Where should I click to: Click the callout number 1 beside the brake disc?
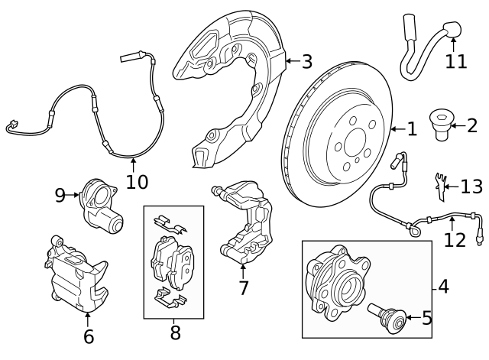412,129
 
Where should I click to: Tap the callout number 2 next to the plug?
471,125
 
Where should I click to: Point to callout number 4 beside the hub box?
444,287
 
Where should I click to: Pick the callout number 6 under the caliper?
88,336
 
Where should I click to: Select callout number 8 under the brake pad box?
175,332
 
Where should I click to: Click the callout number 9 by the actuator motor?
61,195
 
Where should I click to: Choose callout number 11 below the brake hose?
455,61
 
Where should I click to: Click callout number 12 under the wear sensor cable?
454,241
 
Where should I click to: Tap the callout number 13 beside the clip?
471,186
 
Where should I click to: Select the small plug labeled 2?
442,125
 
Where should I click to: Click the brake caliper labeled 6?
74,274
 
